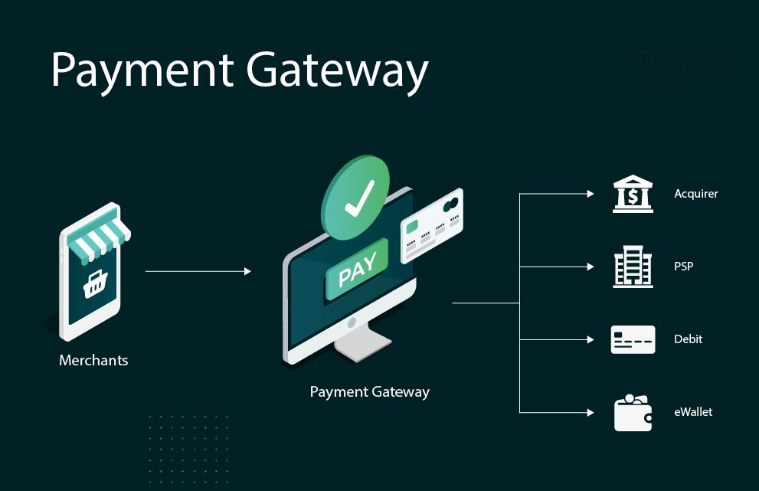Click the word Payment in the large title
coord(142,70)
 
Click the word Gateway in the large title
coord(338,70)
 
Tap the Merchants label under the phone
coord(93,360)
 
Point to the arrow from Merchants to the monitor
coord(198,271)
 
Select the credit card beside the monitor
coord(432,225)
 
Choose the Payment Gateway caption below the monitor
coord(369,391)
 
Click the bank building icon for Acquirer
coord(633,195)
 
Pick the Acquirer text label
coord(695,194)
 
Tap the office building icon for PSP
coord(633,267)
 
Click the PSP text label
coord(683,267)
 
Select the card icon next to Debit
coord(633,339)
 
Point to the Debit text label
coord(688,339)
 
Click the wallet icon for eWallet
coord(633,413)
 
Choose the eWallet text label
coord(693,412)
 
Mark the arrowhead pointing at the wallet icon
coord(590,413)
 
